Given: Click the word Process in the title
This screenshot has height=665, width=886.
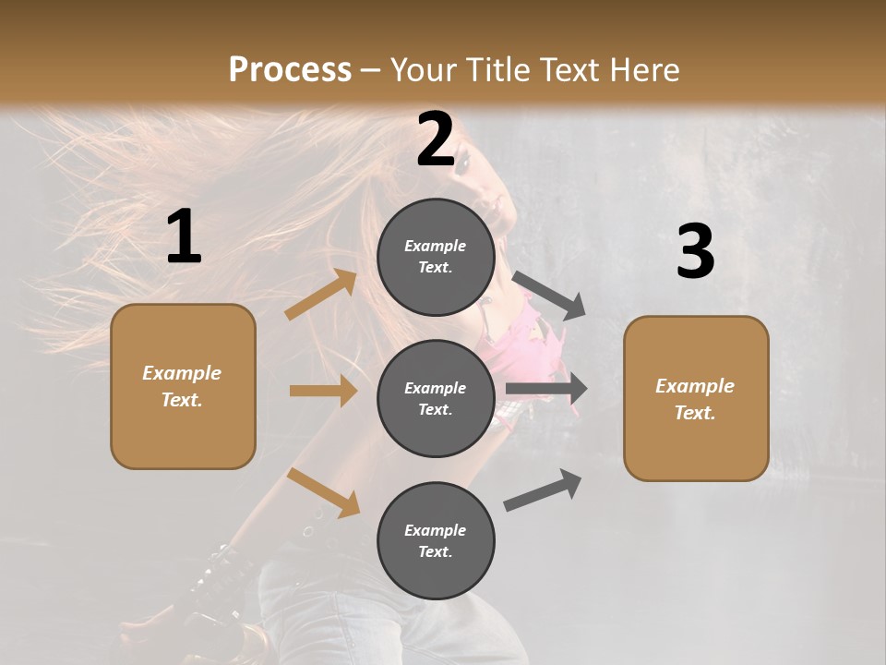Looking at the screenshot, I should pyautogui.click(x=290, y=69).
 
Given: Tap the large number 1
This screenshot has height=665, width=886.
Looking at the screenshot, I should pyautogui.click(x=184, y=237).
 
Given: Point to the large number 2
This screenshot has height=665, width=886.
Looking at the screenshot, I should pyautogui.click(x=436, y=139).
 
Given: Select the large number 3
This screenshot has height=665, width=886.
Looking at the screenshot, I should pyautogui.click(x=695, y=251).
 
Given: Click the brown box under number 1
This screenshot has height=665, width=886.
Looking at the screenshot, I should pyautogui.click(x=183, y=386).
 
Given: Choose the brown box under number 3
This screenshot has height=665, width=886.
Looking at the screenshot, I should pyautogui.click(x=696, y=399).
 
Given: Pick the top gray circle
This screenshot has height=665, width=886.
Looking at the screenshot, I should pyautogui.click(x=436, y=257).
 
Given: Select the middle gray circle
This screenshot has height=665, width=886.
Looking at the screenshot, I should pyautogui.click(x=436, y=398).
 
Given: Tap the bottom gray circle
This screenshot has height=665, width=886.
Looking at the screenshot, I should pyautogui.click(x=436, y=540).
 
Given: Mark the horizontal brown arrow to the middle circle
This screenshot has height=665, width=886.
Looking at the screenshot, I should pyautogui.click(x=323, y=391).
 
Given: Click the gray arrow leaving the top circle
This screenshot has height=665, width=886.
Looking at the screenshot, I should pyautogui.click(x=548, y=296).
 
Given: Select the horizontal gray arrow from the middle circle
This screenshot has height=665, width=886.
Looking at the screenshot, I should pyautogui.click(x=546, y=389).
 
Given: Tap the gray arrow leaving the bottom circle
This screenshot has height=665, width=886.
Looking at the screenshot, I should pyautogui.click(x=543, y=490).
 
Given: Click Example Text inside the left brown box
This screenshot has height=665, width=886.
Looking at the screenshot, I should pyautogui.click(x=182, y=386).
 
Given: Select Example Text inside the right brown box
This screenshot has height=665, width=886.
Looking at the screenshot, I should pyautogui.click(x=695, y=399).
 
